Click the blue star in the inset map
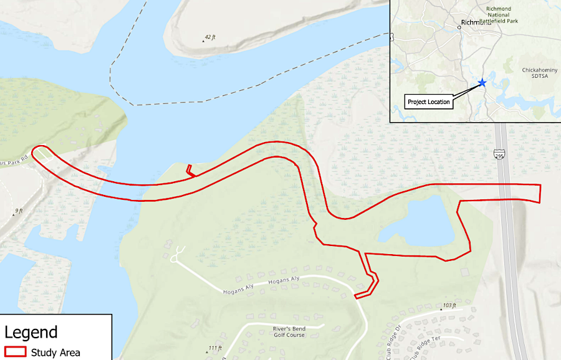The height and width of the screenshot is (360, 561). click(x=481, y=82)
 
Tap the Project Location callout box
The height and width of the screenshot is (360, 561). click(x=429, y=102)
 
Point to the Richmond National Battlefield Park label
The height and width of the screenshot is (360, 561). click(x=498, y=16)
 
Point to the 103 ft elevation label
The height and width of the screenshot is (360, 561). click(x=448, y=306)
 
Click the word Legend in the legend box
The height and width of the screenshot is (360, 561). click(x=31, y=333)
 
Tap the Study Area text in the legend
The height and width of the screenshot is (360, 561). click(x=55, y=353)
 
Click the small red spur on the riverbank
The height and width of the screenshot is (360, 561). click(x=190, y=170)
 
